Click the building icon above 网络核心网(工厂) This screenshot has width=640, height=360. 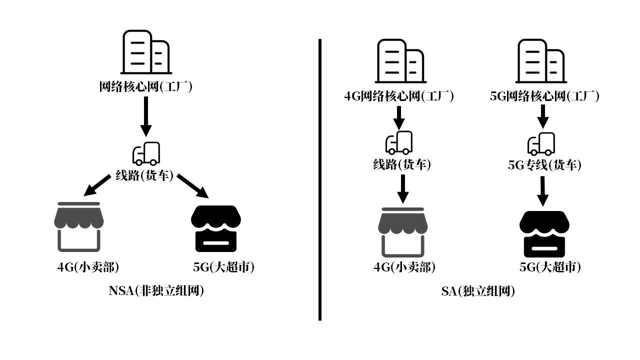pos(145,52)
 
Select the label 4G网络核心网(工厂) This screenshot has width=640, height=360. pos(398,96)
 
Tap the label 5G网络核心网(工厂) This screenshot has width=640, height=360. pos(544,96)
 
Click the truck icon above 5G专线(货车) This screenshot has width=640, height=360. pos(541,144)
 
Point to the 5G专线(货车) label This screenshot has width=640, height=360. pos(544,165)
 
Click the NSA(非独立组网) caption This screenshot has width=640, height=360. pos(156,290)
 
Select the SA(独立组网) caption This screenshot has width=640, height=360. pos(478,291)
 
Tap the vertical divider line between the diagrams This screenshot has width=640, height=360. pos(320,180)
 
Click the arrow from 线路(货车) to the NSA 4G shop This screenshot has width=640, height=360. pos(97,185)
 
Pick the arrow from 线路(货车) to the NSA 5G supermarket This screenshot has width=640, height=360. pos(193,186)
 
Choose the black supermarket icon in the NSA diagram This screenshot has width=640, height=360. pos(216,228)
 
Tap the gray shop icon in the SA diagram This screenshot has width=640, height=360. pos(403,232)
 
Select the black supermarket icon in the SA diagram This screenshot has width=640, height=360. pos(544,234)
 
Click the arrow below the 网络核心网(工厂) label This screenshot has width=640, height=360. pos(145,116)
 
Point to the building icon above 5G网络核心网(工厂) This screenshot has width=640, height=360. pos(541,60)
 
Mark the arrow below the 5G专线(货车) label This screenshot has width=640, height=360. pos(542,190)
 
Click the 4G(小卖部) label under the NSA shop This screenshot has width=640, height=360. pos(88,267)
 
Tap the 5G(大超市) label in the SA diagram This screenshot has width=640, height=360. pos(550,267)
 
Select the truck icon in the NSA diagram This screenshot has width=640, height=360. pos(146,153)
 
